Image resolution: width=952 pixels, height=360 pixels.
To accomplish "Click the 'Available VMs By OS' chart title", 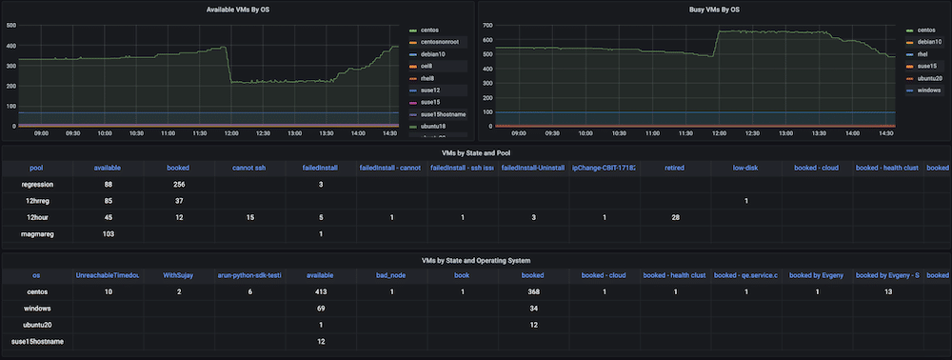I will tap(238, 9).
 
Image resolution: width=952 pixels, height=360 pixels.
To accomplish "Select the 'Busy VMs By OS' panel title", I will tap(714, 9).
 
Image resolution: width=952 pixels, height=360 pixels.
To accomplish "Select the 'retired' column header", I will tap(675, 168).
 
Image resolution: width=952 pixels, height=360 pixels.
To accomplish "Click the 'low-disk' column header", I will tap(745, 168).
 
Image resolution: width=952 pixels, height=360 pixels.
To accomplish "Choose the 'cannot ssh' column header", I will tap(248, 168).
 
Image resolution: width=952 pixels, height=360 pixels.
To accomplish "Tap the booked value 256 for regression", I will tap(178, 184).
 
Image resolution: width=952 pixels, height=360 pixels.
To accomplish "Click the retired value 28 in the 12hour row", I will tap(675, 217).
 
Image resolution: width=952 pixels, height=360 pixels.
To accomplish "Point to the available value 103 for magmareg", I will tap(108, 233).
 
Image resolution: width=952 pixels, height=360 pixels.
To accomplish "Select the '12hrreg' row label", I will tap(37, 200).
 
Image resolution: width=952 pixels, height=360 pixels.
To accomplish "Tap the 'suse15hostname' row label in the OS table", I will tap(37, 341).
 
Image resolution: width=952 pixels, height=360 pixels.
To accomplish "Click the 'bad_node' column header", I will tap(391, 274).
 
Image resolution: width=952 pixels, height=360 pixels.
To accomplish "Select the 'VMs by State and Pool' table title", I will tap(476, 152).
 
